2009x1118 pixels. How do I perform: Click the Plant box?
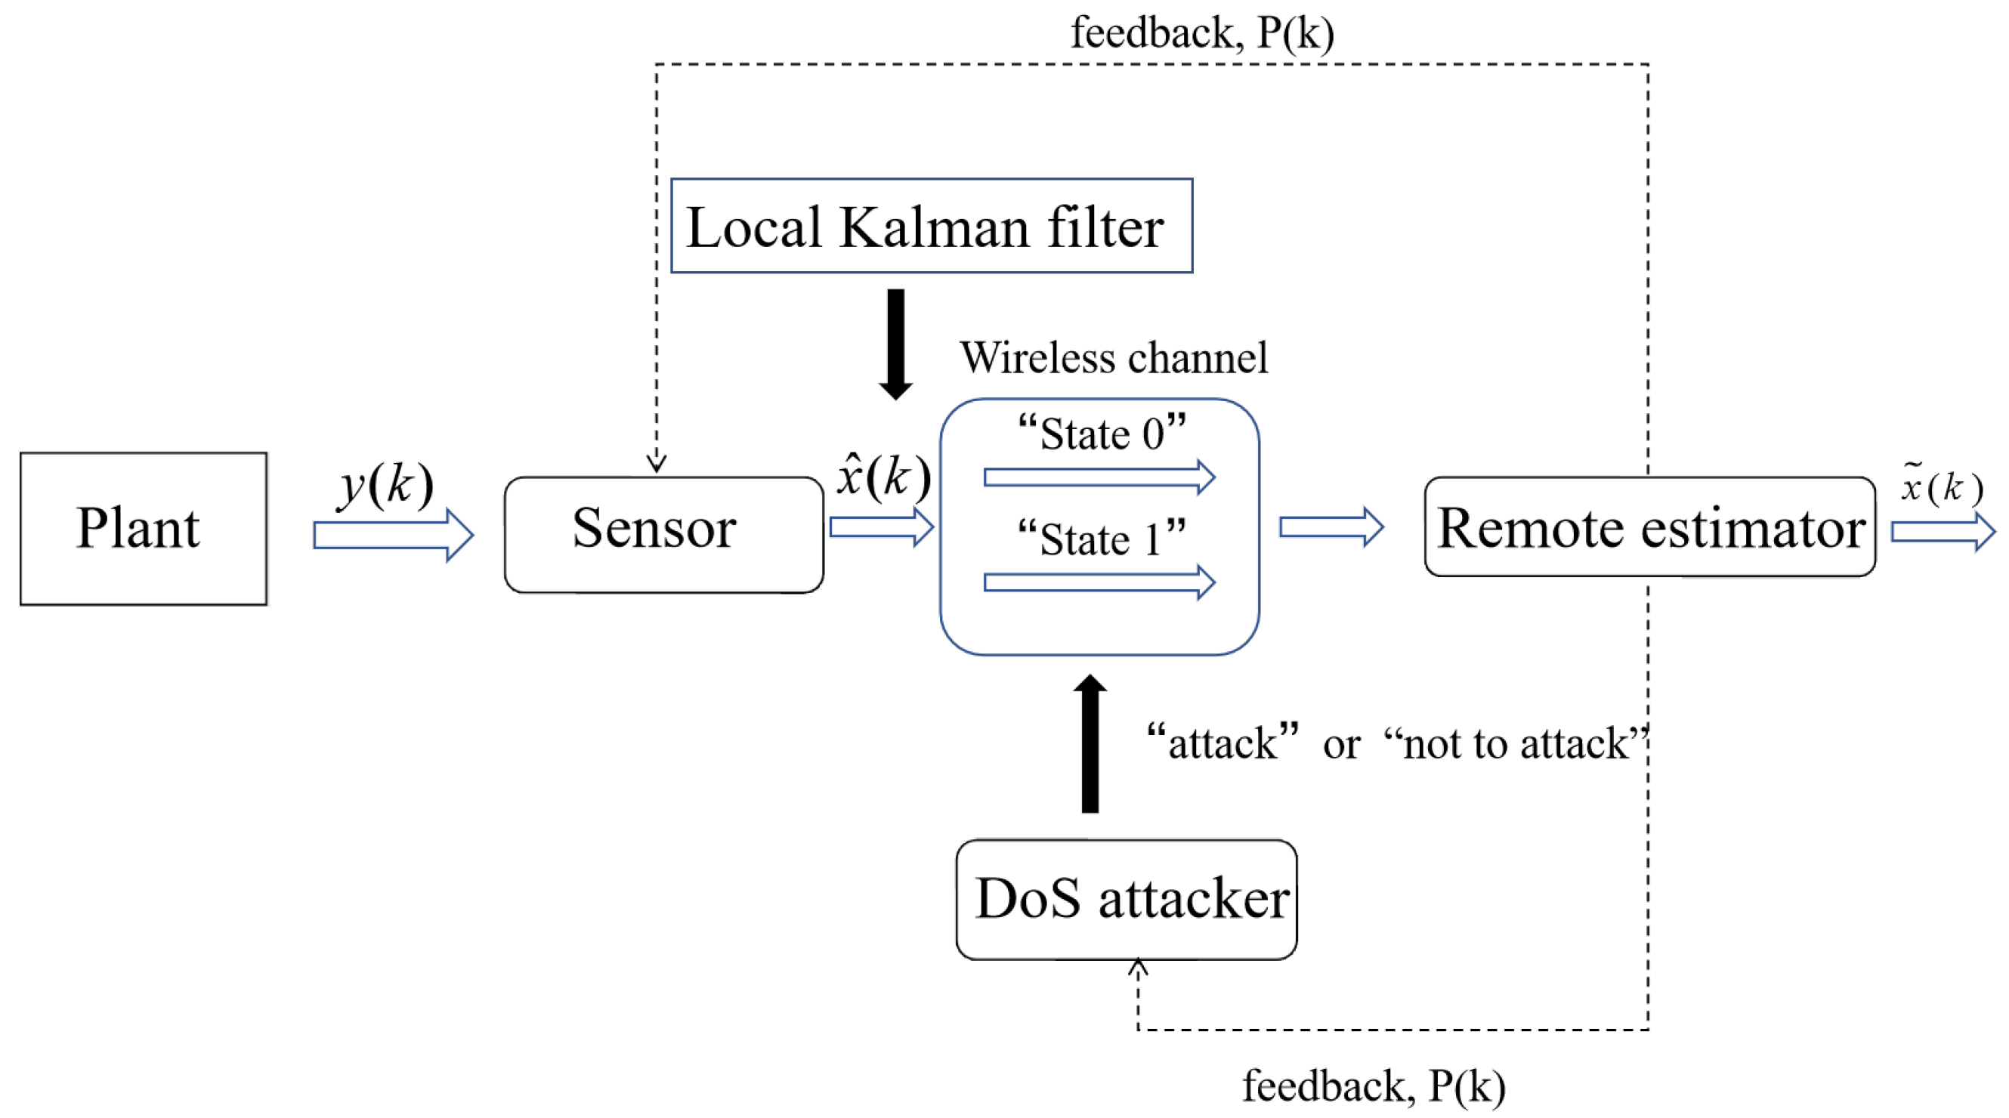(144, 529)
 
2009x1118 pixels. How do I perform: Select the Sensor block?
(663, 535)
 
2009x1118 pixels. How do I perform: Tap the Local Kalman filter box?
(931, 226)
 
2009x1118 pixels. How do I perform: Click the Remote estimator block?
(1649, 528)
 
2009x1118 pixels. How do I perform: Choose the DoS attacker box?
(1127, 899)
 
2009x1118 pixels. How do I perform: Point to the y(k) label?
(385, 485)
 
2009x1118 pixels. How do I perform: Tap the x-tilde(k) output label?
(1940, 486)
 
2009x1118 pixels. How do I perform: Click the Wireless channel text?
(1113, 358)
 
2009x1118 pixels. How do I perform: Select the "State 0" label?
(1101, 434)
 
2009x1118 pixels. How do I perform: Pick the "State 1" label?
(1101, 539)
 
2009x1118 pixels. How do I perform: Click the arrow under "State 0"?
(1098, 477)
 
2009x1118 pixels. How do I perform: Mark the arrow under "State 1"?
(1098, 582)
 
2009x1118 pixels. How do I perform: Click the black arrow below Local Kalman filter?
(896, 343)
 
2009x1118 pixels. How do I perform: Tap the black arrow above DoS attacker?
(1089, 745)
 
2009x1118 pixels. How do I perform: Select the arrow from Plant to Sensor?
(392, 535)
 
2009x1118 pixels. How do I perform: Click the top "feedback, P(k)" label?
(1201, 32)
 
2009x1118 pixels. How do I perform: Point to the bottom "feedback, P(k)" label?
(1373, 1086)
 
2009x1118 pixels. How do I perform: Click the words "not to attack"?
(1516, 743)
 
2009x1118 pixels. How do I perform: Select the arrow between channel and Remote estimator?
(1331, 527)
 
